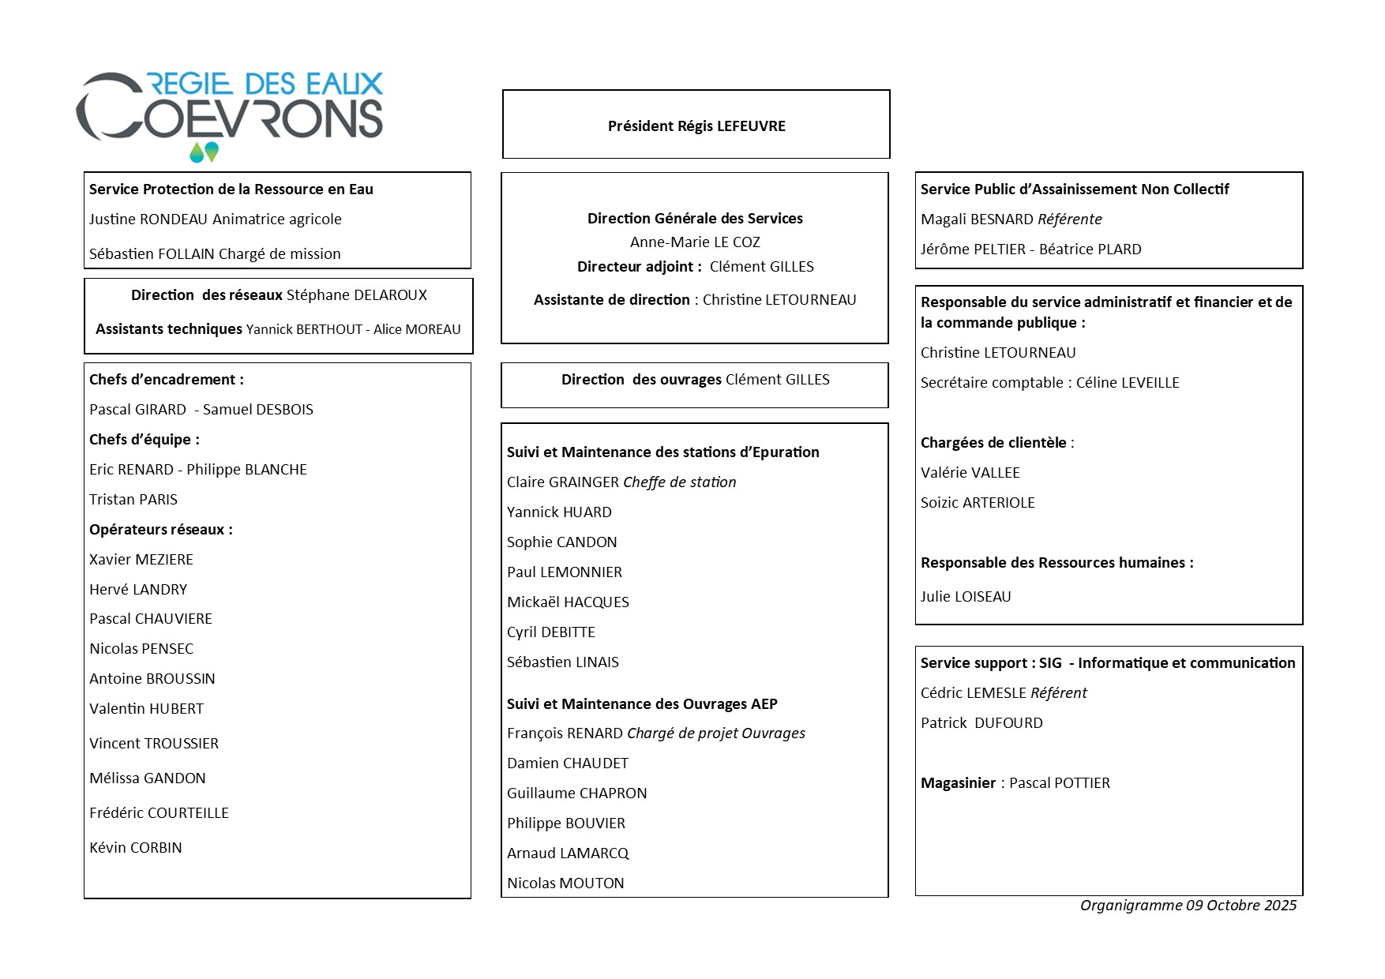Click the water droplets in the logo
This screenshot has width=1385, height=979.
204,152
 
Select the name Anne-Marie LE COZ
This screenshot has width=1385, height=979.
695,242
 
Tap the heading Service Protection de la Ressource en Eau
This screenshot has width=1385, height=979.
231,189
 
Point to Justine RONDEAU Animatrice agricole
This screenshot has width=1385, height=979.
216,219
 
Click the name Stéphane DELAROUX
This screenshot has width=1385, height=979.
356,295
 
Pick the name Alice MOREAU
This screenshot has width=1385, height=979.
417,329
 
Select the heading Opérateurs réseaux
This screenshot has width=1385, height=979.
161,530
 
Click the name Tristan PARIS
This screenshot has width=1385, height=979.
133,500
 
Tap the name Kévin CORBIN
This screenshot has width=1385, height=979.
136,848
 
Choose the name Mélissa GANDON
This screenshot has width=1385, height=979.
148,778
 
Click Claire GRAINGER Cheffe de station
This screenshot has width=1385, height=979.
621,482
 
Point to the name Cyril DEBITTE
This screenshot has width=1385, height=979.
551,632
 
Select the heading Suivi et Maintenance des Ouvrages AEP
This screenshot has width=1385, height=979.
642,704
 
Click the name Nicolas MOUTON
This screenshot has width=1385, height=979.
565,883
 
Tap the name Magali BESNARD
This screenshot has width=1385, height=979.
977,219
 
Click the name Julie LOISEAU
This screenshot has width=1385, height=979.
966,597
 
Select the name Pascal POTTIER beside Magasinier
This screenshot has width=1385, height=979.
1060,783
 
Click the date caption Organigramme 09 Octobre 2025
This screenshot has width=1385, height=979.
1188,906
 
